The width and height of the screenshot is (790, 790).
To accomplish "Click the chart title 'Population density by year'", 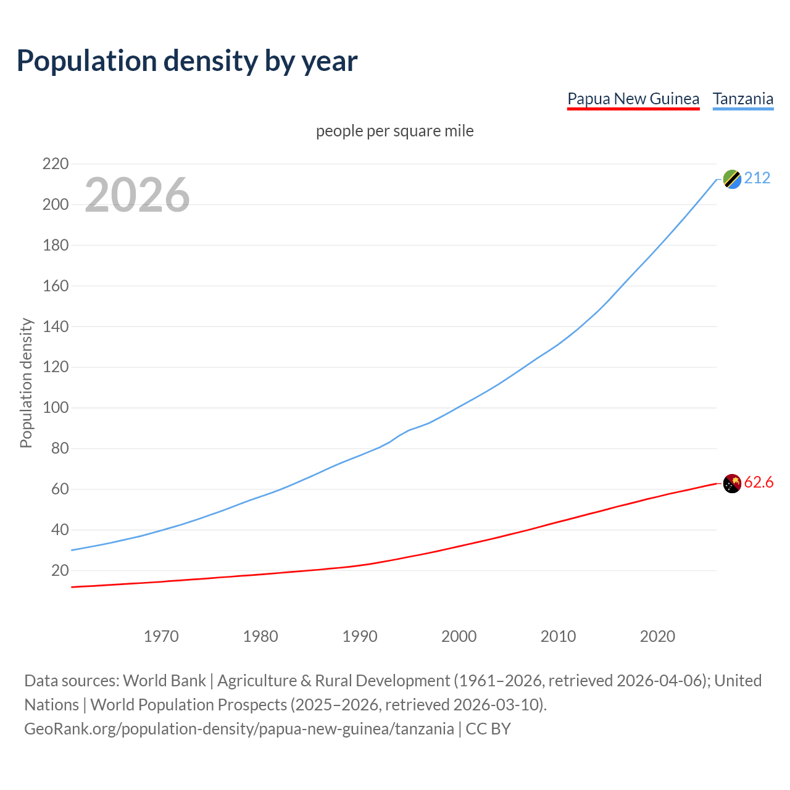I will [x=187, y=61].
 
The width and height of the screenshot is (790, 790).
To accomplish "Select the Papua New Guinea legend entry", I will [x=633, y=99].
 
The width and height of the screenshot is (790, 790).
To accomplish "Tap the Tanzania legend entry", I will [x=743, y=99].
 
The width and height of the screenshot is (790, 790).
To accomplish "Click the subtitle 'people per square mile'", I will [x=395, y=131].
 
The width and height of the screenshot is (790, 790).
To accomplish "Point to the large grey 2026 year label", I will [x=137, y=195].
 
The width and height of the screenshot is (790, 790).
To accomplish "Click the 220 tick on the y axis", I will [x=56, y=164].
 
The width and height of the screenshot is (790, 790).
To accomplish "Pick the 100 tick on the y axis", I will [x=56, y=408].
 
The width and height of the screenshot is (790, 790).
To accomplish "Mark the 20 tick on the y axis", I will [x=60, y=570].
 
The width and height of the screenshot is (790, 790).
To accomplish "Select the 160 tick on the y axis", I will [x=56, y=286].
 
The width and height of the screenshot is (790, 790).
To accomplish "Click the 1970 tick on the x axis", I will [x=161, y=636].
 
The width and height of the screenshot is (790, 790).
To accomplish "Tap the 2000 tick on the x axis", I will [x=459, y=636].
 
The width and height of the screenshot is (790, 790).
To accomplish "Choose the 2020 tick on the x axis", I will [x=657, y=636].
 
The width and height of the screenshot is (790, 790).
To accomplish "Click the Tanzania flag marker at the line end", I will [x=732, y=179].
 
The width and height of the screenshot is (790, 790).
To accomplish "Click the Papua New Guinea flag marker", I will [x=732, y=483].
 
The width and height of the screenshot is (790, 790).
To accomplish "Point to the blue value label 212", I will [x=757, y=178].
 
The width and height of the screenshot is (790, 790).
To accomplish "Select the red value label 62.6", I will [x=759, y=483].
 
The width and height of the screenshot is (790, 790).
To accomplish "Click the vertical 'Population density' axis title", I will [x=26, y=383].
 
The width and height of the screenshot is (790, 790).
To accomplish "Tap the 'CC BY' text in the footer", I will [x=488, y=729].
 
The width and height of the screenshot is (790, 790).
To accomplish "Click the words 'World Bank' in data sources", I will [x=164, y=681].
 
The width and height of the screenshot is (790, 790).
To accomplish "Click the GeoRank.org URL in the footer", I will [x=239, y=729].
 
